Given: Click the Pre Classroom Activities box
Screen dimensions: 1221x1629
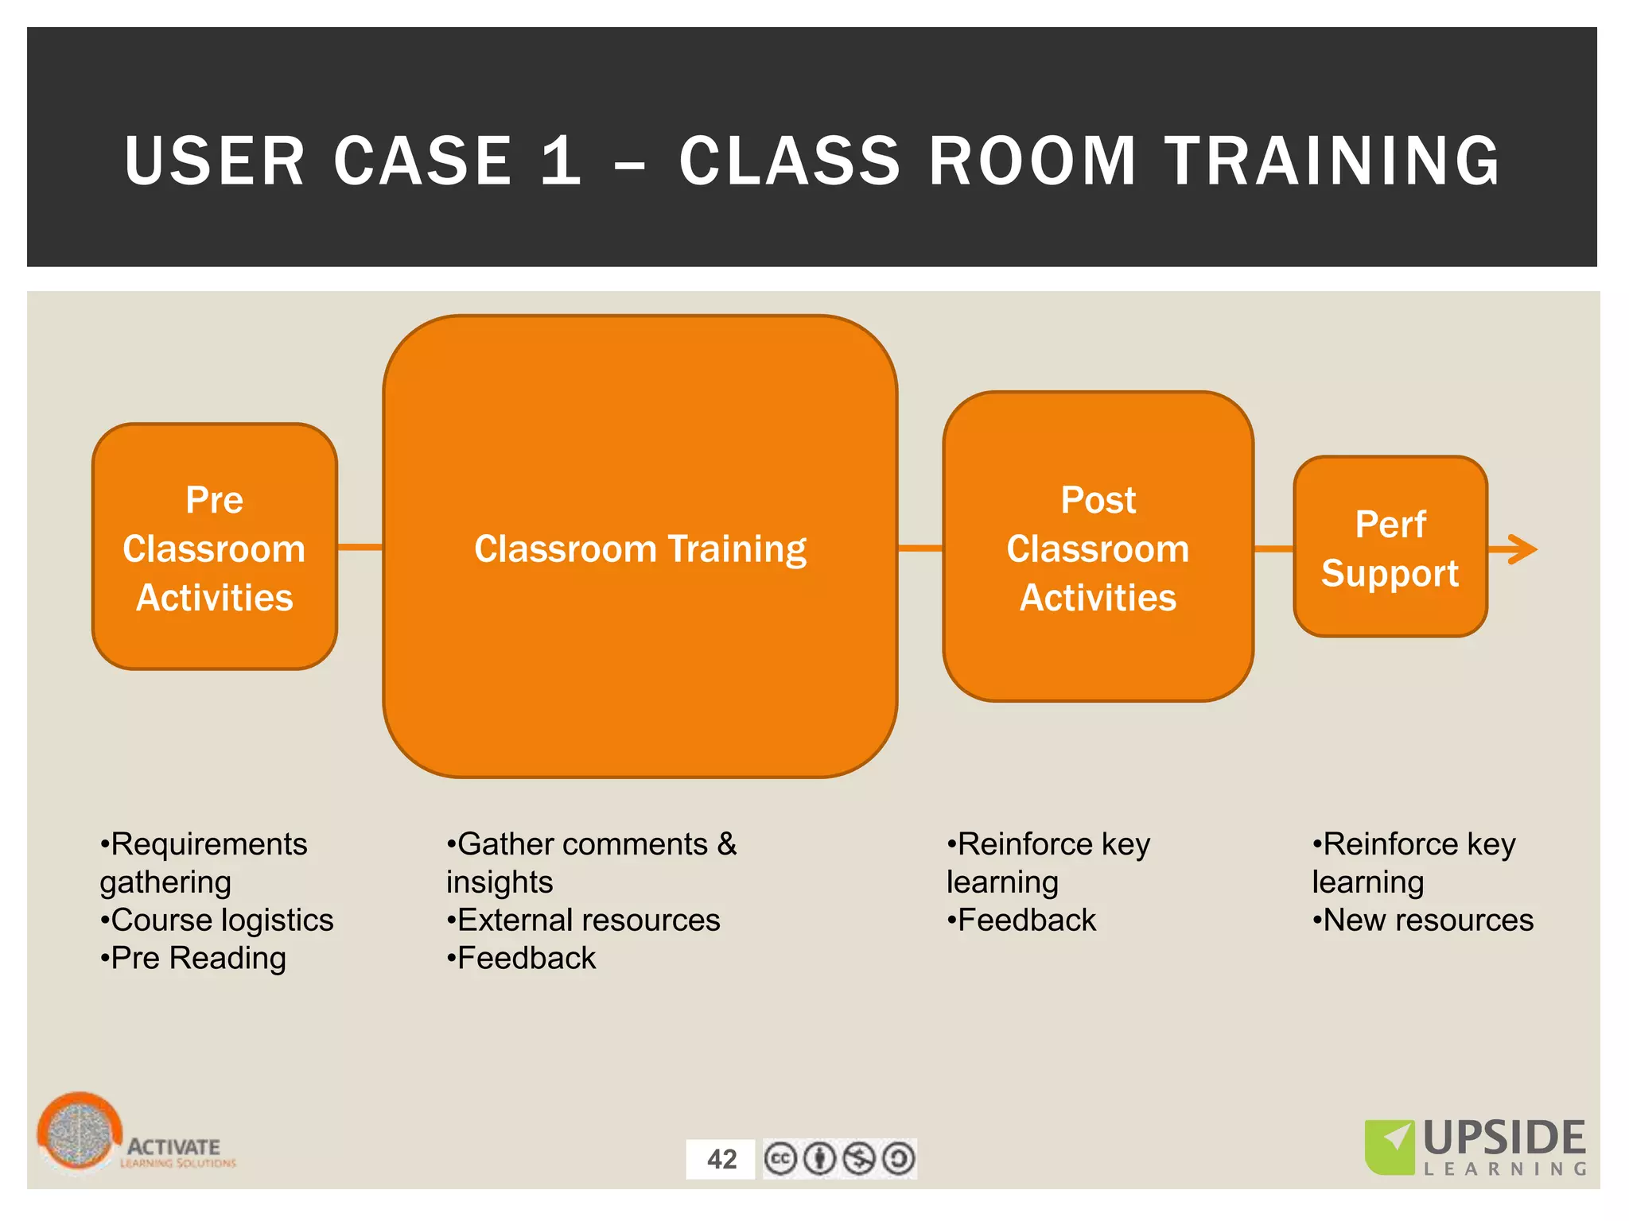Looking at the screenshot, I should (215, 547).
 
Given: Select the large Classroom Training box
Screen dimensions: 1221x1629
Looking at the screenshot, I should (640, 547).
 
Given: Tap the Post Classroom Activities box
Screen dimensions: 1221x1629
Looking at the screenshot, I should (1098, 547).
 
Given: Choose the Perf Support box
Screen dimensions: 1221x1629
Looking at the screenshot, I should (1390, 547).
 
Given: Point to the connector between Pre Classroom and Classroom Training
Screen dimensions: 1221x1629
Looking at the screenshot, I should (360, 547).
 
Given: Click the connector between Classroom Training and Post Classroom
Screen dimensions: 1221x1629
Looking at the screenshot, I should (920, 548).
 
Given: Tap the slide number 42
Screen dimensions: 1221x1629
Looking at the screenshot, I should (721, 1159).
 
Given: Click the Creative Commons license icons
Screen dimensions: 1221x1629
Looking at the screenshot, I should (839, 1159).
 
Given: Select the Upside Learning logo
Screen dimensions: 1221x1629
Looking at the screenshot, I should (1476, 1147).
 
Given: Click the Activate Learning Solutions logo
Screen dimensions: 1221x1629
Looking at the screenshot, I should (135, 1135).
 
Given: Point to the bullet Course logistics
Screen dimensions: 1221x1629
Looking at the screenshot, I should (217, 921).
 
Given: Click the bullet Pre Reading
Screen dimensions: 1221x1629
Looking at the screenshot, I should (193, 959).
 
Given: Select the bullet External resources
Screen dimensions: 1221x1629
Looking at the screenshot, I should (584, 921).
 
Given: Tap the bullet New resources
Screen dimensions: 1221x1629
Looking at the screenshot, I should (1423, 921).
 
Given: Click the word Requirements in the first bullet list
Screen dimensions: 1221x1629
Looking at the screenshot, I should (208, 844).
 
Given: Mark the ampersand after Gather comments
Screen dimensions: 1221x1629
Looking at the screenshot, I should (727, 844).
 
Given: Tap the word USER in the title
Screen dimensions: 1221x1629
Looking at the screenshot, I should (215, 161).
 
